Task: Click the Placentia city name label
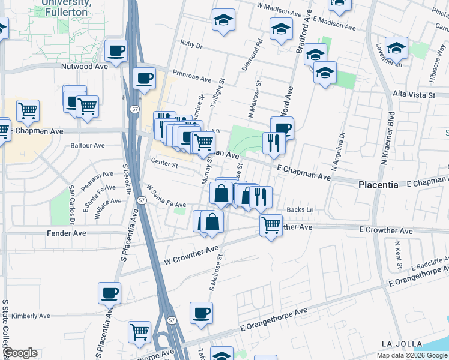click(x=378, y=185)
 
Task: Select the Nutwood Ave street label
click(x=85, y=67)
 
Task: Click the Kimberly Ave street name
click(x=31, y=316)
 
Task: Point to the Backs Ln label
click(x=300, y=209)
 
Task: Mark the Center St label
click(x=164, y=164)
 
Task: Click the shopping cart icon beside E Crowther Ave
click(x=271, y=226)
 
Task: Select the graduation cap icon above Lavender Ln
click(x=396, y=47)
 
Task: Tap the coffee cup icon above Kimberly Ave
click(x=109, y=293)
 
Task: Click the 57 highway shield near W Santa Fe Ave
click(x=141, y=200)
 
